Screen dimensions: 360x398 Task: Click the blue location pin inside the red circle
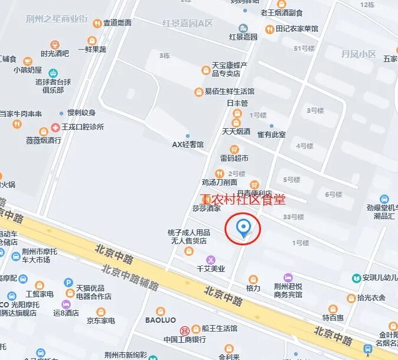[x=243, y=228]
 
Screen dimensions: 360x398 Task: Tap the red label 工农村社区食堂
[x=243, y=200]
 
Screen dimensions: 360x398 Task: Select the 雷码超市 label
[x=234, y=158]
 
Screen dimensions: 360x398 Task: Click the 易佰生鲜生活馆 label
[x=229, y=92]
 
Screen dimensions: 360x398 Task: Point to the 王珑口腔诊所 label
[x=83, y=127]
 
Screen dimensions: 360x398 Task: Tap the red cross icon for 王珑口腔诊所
[x=56, y=127]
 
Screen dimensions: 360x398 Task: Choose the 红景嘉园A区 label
[x=187, y=24]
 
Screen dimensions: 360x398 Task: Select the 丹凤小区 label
[x=358, y=54]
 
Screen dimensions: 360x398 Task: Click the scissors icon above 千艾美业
[x=211, y=260]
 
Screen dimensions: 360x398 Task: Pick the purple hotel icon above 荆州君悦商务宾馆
[x=288, y=277]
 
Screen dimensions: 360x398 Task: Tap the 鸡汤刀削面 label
[x=220, y=182]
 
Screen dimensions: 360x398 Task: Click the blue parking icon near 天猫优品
[x=68, y=283]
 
